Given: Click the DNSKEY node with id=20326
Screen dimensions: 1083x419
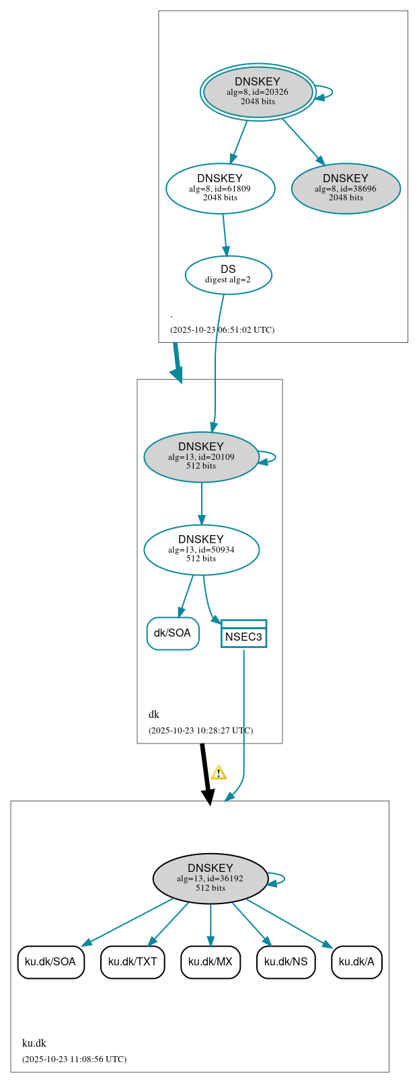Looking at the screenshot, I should (x=258, y=92).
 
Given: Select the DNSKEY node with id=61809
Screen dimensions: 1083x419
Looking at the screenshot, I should (x=220, y=188).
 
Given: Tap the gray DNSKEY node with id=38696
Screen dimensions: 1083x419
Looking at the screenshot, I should (x=346, y=188).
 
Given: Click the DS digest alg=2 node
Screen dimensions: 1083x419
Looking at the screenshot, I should (x=228, y=274).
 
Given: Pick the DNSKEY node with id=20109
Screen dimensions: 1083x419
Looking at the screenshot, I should (x=201, y=456).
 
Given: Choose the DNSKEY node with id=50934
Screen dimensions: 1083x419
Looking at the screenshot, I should (x=201, y=549).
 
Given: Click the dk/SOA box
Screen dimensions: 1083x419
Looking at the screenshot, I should (x=173, y=633).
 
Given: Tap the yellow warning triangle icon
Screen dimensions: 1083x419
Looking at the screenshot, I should (x=218, y=772).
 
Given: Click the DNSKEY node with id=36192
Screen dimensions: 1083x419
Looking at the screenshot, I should (x=211, y=878).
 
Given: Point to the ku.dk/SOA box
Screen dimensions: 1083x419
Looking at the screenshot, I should (x=50, y=961).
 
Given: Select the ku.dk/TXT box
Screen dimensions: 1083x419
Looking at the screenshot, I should (x=132, y=961).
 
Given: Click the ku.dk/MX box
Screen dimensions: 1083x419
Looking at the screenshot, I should (x=211, y=961).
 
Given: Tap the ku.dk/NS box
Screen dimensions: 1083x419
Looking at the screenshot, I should (x=286, y=961).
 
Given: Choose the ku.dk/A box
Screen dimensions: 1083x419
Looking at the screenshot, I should (x=356, y=961).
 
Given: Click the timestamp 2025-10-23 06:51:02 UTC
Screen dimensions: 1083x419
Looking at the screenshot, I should (x=222, y=330).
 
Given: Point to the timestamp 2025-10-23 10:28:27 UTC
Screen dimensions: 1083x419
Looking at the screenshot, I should (x=200, y=731).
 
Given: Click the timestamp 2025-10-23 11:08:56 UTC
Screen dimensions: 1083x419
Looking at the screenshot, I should (x=74, y=1059).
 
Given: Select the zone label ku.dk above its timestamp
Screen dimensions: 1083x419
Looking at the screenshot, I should (x=34, y=1043).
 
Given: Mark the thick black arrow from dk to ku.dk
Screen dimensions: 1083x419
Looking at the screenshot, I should (x=206, y=773).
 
